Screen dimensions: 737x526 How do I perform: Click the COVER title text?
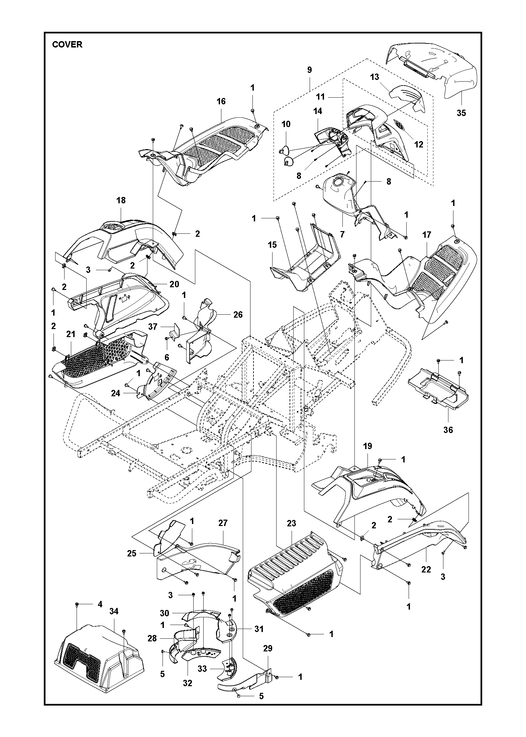point(67,44)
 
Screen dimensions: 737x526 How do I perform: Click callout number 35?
point(461,113)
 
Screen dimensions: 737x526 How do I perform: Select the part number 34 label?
point(114,611)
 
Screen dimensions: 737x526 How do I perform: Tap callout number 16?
point(221,101)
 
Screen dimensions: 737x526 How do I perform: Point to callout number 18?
point(121,200)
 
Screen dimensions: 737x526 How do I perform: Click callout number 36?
point(448,430)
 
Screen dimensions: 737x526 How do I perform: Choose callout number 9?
point(309,70)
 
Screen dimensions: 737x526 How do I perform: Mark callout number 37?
point(153,326)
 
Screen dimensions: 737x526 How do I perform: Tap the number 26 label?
point(238,315)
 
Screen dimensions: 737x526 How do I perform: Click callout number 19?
point(367,446)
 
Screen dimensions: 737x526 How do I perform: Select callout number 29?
point(268,648)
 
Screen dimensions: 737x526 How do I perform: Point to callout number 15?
point(272,245)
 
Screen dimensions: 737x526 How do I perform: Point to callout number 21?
point(71,334)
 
